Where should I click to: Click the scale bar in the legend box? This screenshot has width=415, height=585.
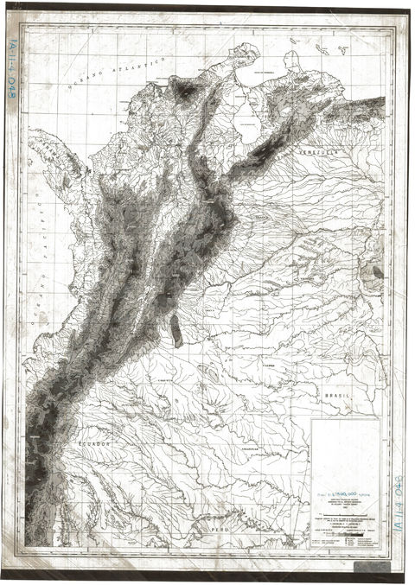[x=333, y=532]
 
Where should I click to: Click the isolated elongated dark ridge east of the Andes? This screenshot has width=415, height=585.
[x=177, y=328]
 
